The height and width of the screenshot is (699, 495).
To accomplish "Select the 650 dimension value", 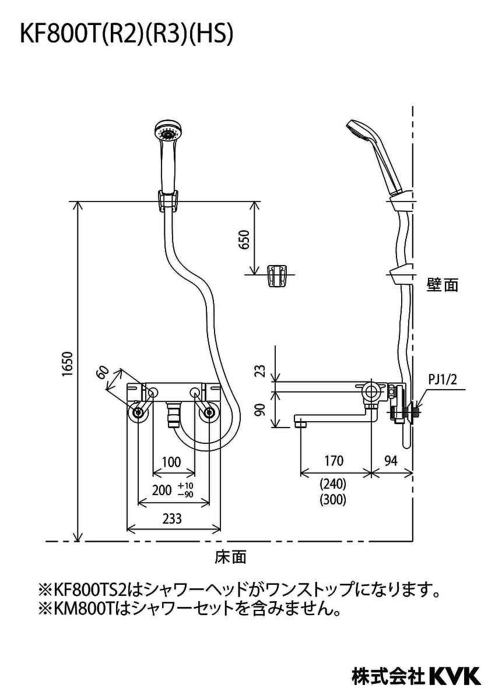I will (x=244, y=239).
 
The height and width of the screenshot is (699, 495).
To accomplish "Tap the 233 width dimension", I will (x=173, y=518).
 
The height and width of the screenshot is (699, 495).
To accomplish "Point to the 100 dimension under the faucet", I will (x=171, y=463).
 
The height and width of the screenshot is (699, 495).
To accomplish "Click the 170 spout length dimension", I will (x=333, y=461).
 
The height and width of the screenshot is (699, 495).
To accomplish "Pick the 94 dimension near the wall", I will (x=391, y=461).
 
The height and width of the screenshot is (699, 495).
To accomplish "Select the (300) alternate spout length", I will (x=333, y=499).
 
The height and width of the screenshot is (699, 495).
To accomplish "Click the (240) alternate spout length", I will (x=333, y=483).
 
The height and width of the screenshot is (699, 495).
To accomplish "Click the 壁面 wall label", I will (x=442, y=285).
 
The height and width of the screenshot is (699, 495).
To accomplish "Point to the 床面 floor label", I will (x=231, y=557).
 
